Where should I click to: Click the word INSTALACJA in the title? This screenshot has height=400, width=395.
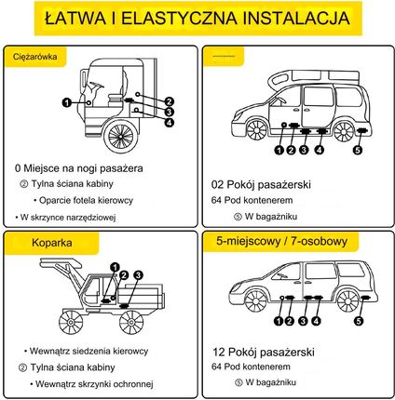[296, 18]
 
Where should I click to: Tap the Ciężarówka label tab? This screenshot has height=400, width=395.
[35, 57]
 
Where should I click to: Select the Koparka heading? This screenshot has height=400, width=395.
[52, 243]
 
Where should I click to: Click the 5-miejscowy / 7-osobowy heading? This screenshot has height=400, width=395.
[281, 241]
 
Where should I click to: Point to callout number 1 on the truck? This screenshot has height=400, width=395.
[67, 102]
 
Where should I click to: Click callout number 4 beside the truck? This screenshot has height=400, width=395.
[169, 122]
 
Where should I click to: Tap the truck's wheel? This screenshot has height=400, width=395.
[121, 136]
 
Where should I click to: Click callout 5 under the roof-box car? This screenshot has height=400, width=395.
[358, 151]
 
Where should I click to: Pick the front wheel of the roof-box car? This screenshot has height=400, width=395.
[257, 129]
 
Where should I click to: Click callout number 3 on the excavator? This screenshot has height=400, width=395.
[138, 275]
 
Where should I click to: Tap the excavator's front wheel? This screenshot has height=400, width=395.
[71, 322]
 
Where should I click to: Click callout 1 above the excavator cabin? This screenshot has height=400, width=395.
[116, 267]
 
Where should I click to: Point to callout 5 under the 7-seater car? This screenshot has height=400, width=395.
[359, 321]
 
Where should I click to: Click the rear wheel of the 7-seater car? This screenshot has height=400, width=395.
[347, 300]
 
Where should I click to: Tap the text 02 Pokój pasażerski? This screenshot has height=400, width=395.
[261, 184]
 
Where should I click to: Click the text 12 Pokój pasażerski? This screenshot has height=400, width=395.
[264, 352]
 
